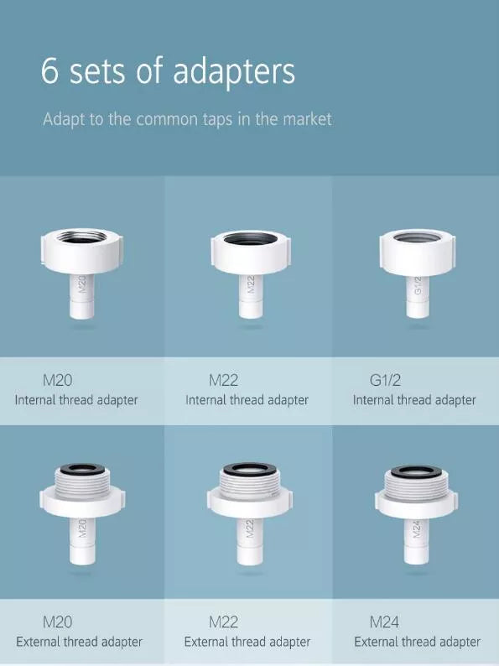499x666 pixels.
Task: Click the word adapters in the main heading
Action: point(244,72)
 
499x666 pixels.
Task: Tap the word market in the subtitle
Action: point(305,119)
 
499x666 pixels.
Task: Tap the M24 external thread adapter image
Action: point(416,512)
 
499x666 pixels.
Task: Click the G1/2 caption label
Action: point(387,380)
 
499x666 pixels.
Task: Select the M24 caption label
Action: point(385,622)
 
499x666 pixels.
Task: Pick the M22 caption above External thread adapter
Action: point(223,622)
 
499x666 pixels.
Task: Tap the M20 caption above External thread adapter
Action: point(57,622)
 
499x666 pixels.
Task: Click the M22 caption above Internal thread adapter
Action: point(223,380)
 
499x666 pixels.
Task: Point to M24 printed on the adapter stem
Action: point(417,531)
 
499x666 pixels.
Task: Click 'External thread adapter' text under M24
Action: point(417,643)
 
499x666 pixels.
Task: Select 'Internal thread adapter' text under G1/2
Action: point(414,400)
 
